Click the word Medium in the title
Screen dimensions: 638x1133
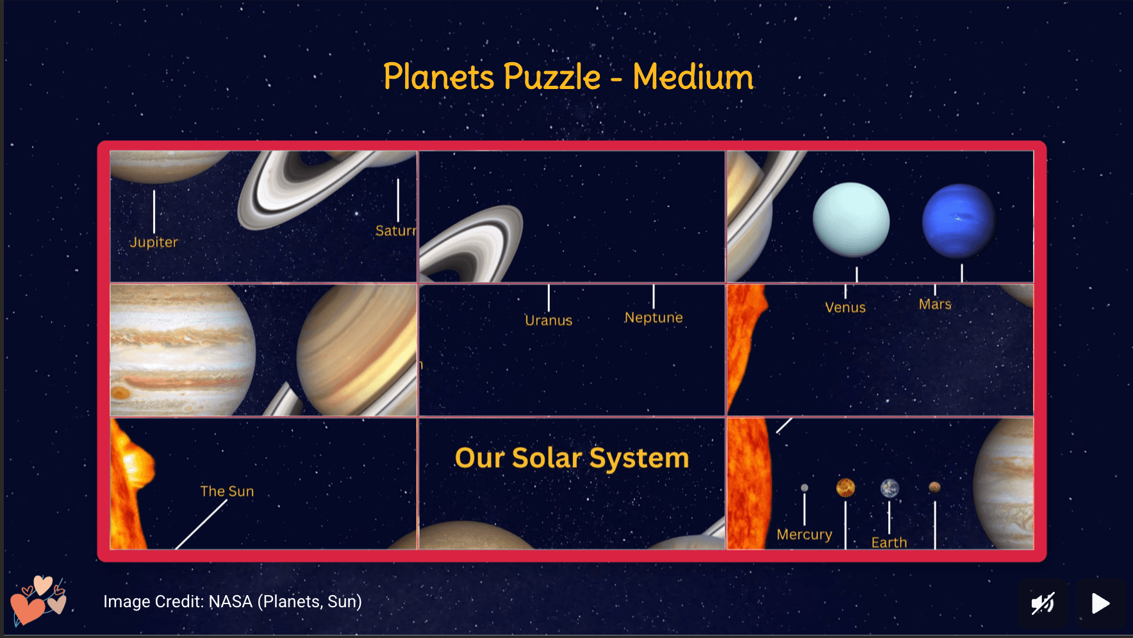coord(693,77)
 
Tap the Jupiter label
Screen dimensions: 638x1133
coord(154,242)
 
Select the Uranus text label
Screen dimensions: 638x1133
coord(549,320)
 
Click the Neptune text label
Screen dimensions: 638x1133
coord(654,318)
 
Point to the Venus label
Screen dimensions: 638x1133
coord(845,307)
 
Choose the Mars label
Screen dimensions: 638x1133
coord(935,304)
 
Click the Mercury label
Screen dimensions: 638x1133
coord(804,534)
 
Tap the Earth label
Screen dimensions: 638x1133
coord(889,543)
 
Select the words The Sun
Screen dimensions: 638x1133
coord(227,491)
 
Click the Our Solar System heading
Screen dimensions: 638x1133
coord(572,458)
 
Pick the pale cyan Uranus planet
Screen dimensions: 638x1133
coord(851,220)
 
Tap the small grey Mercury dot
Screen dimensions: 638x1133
coord(804,488)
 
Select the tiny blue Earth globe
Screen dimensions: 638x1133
coord(889,489)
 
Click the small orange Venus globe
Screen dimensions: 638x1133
coord(846,488)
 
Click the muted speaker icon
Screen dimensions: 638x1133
coord(1043,603)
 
